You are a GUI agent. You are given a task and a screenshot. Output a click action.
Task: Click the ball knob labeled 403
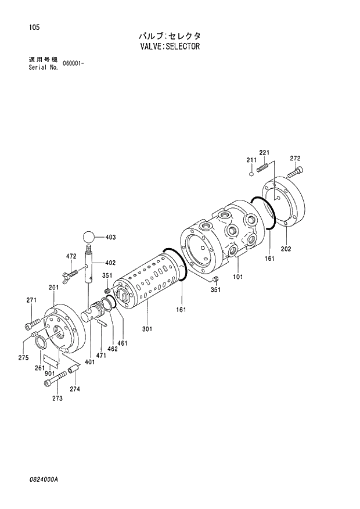tap(88, 237)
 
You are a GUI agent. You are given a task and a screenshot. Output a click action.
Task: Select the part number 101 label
tap(237, 277)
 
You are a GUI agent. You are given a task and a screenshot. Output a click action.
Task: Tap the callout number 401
tap(89, 362)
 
